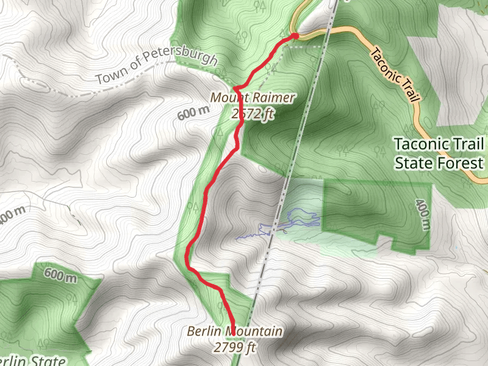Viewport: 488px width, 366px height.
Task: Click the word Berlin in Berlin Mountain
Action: [204, 332]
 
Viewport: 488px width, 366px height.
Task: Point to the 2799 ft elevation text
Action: [234, 348]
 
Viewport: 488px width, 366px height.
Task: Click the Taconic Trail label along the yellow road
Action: [396, 77]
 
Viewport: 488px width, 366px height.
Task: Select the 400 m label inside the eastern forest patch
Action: [422, 214]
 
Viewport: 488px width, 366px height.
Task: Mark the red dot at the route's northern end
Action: [295, 36]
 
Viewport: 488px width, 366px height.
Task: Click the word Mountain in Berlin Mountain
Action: [253, 332]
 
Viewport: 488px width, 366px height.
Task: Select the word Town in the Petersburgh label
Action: [111, 77]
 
